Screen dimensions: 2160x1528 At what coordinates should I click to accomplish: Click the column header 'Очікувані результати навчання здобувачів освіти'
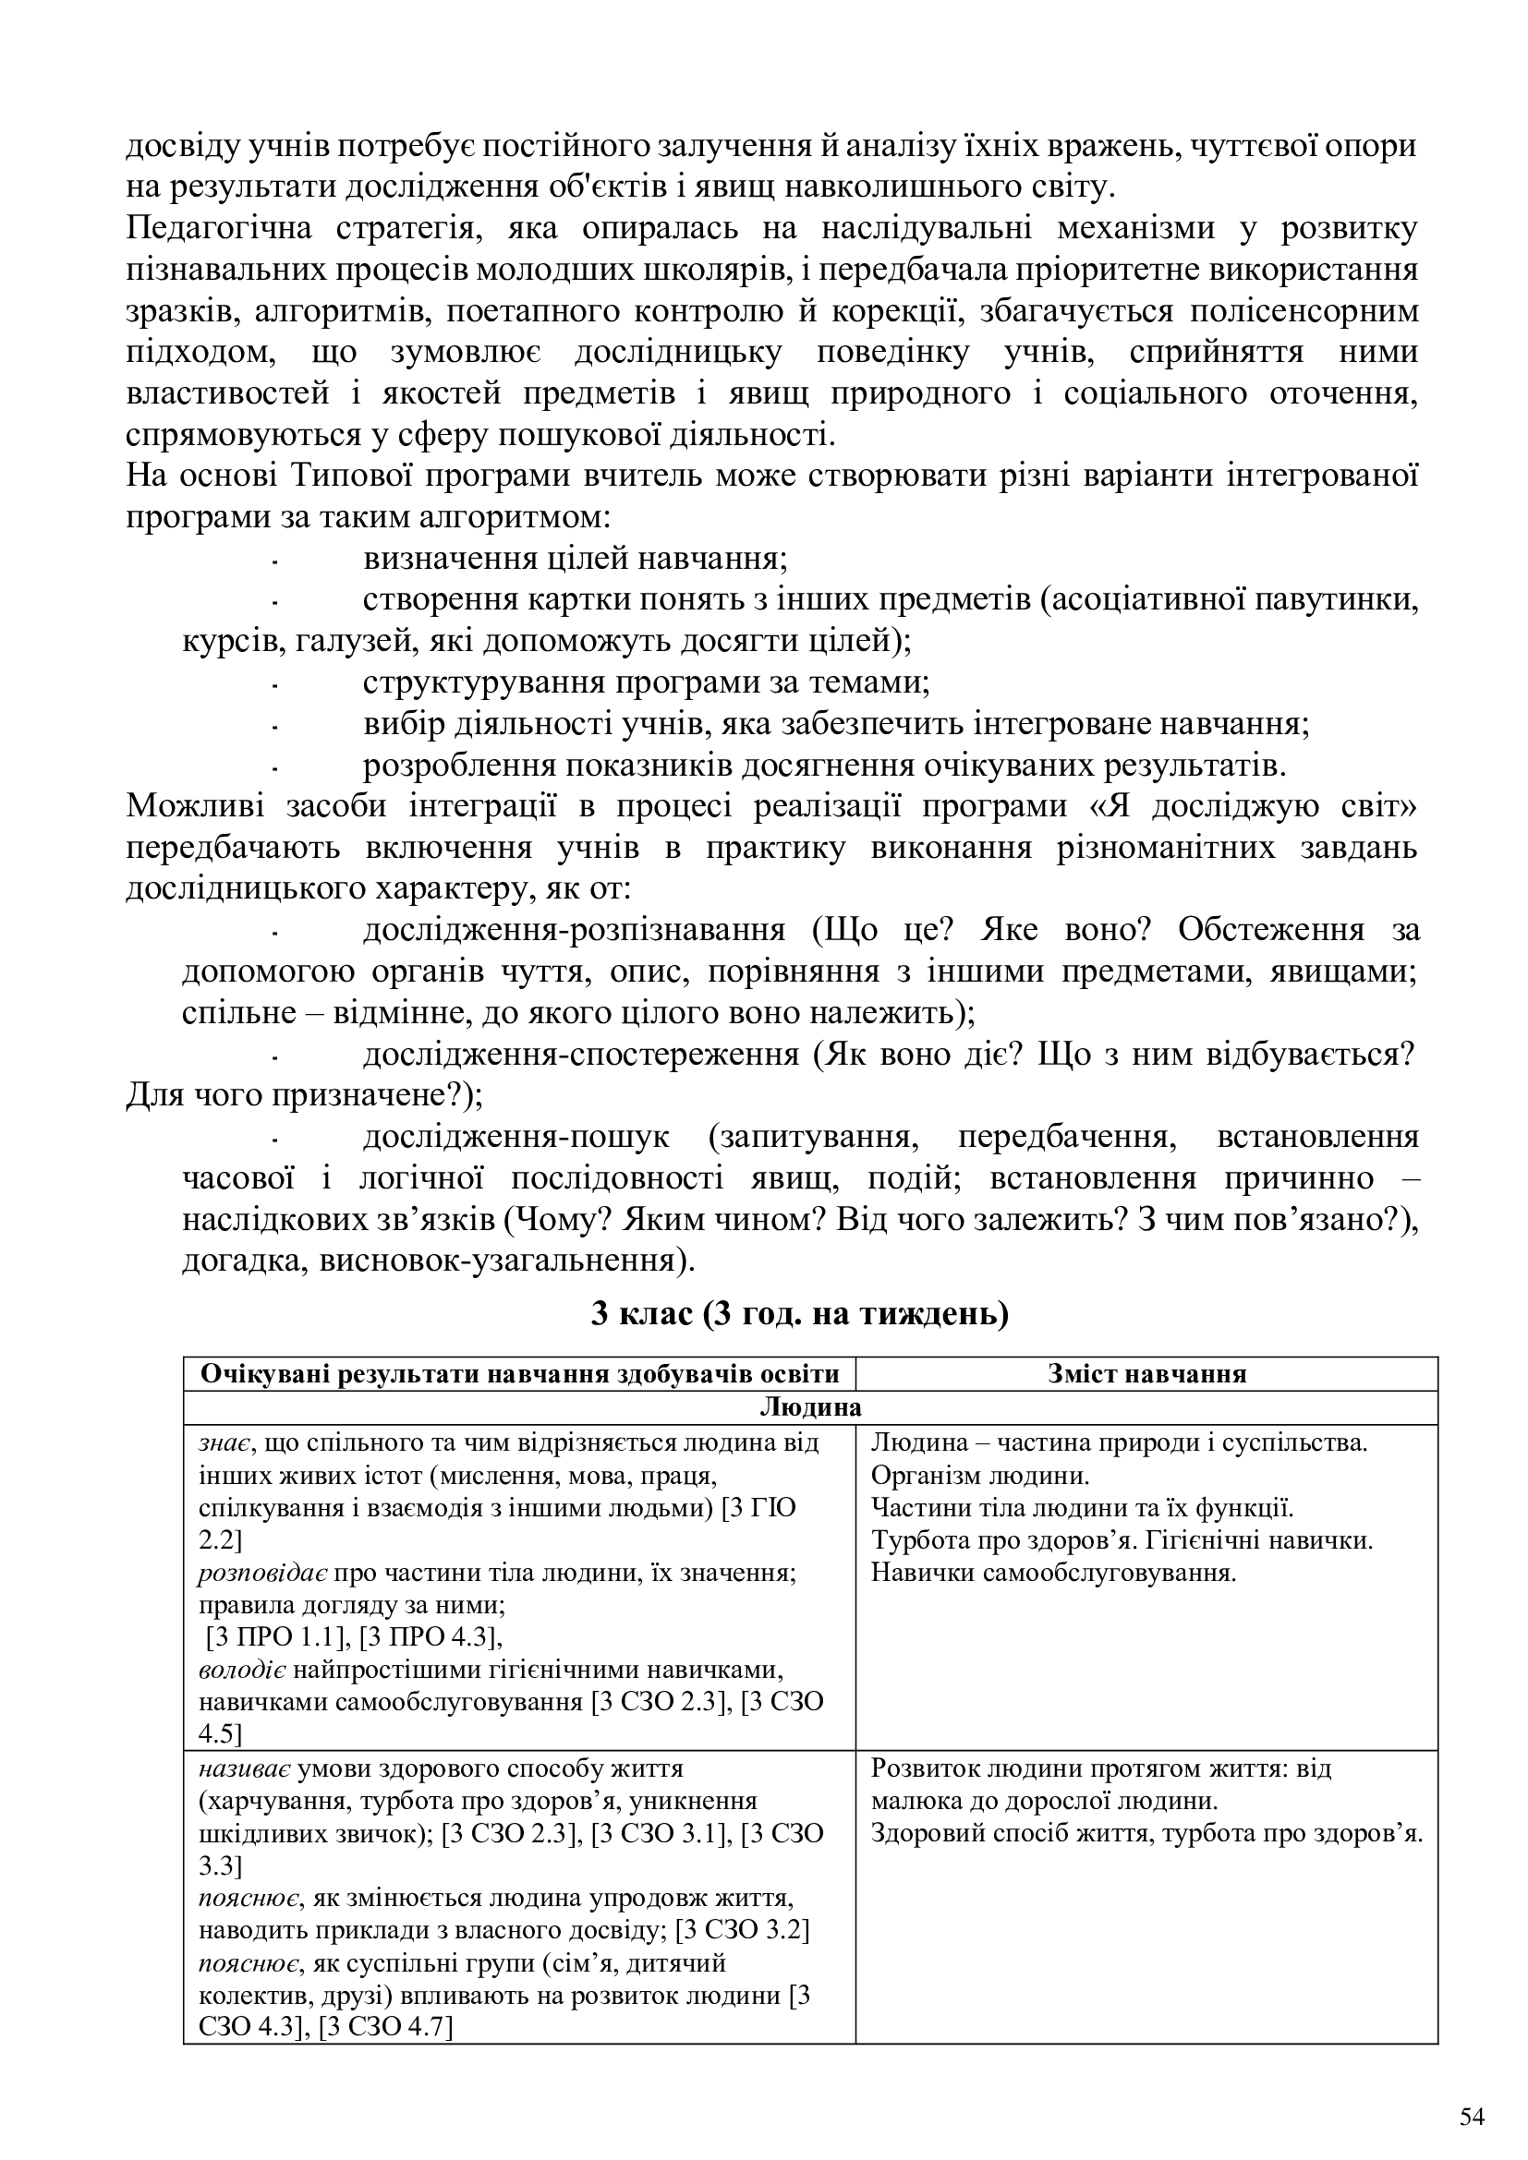click(519, 1374)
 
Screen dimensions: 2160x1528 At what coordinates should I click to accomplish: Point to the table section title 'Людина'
click(810, 1407)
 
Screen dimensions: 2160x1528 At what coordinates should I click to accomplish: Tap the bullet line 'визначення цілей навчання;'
click(575, 559)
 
